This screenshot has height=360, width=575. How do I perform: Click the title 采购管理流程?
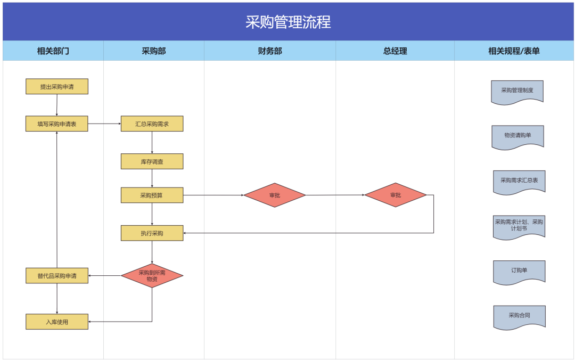pyautogui.click(x=288, y=22)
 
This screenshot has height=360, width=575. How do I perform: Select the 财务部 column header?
pyautogui.click(x=270, y=51)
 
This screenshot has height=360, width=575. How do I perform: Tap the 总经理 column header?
pyautogui.click(x=395, y=51)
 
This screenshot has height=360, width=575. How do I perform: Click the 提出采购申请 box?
pyautogui.click(x=57, y=87)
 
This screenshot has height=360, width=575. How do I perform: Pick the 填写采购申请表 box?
pyautogui.click(x=57, y=124)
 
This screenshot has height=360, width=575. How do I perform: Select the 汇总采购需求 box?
pyautogui.click(x=152, y=124)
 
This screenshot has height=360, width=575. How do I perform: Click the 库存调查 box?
pyautogui.click(x=152, y=162)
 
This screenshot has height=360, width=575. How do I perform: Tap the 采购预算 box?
pyautogui.click(x=152, y=195)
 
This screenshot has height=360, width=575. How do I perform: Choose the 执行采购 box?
pyautogui.click(x=152, y=233)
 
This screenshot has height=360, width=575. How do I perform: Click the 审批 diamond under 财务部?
pyautogui.click(x=275, y=195)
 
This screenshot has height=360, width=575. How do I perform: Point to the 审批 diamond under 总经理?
pyautogui.click(x=396, y=195)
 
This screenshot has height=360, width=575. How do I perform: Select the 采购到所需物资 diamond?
pyautogui.click(x=152, y=276)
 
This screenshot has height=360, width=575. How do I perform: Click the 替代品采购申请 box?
pyautogui.click(x=57, y=276)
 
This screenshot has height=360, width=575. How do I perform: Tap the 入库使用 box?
pyautogui.click(x=57, y=322)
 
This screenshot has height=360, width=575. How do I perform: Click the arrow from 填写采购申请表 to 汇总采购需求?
pyautogui.click(x=104, y=124)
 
